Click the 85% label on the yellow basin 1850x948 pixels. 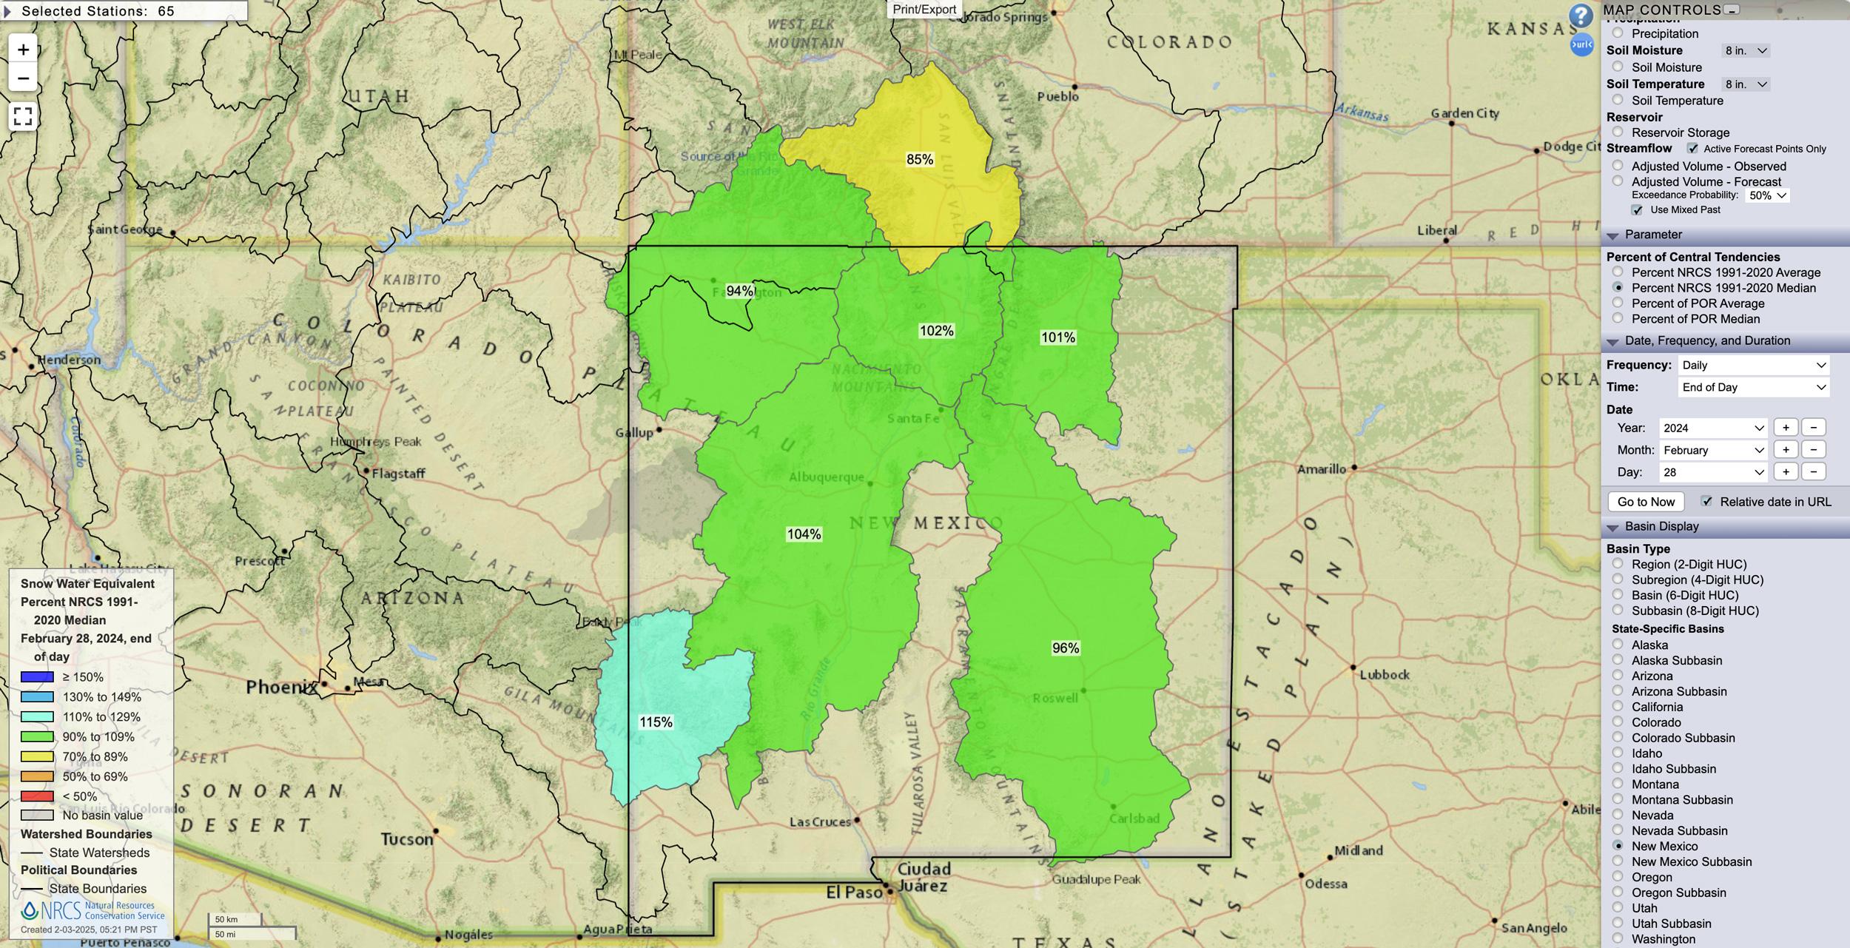(x=920, y=159)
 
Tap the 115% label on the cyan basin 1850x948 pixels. (x=656, y=722)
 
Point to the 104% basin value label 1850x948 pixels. (x=804, y=534)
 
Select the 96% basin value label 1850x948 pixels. (x=1066, y=648)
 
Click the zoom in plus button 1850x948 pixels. (x=23, y=50)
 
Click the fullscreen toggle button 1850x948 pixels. (x=23, y=116)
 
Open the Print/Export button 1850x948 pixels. (x=924, y=9)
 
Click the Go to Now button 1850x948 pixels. (x=1646, y=502)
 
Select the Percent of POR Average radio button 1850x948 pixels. (x=1618, y=303)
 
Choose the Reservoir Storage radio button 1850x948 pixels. (x=1618, y=132)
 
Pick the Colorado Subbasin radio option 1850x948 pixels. (x=1618, y=737)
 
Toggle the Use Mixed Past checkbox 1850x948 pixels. (x=1637, y=210)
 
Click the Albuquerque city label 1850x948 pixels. (x=826, y=477)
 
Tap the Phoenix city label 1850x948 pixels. (x=281, y=687)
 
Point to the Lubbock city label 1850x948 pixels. (x=1385, y=675)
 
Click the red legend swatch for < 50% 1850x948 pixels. (x=37, y=796)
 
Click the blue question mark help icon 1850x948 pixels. (x=1581, y=16)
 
